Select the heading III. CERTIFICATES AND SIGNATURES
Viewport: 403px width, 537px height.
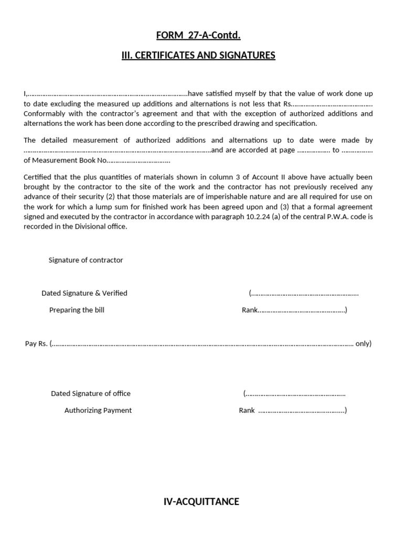pos(198,56)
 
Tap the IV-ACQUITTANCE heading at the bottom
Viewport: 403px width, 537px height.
pos(201,502)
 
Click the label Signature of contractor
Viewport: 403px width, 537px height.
pos(86,260)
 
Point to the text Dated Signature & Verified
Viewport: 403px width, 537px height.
pos(84,293)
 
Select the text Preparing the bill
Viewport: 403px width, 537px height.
pos(77,310)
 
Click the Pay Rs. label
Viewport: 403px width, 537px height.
pos(36,344)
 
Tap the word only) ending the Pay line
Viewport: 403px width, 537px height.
pos(363,344)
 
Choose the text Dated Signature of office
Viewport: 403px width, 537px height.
pos(90,393)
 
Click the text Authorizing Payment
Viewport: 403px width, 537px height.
pos(98,410)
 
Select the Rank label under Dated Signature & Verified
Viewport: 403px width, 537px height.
pos(249,310)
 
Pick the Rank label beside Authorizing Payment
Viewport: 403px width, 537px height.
pos(247,410)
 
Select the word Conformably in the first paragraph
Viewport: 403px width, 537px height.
pos(43,113)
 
